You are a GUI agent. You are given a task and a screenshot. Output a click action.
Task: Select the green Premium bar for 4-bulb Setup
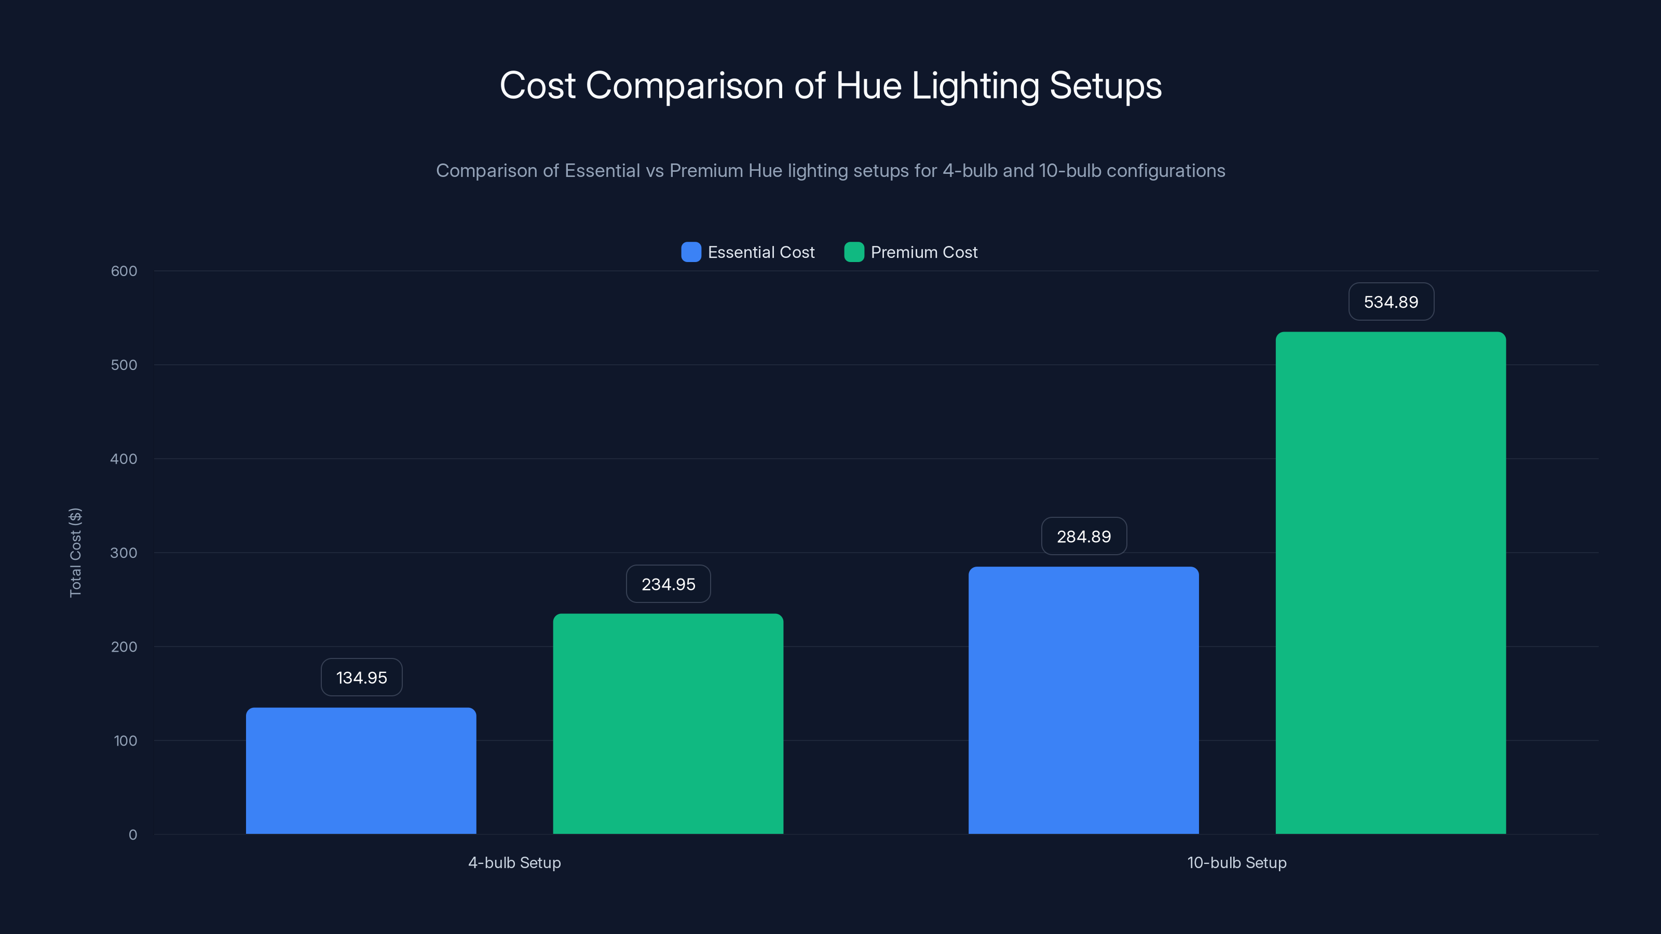668,723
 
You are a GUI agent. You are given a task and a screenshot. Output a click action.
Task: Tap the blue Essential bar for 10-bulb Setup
1083,700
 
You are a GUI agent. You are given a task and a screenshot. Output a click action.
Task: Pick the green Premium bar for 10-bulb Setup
1390,583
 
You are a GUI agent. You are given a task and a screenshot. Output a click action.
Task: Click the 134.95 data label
361,678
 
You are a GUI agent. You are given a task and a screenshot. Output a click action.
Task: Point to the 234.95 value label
668,584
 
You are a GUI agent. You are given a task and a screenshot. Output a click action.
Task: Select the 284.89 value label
1083,537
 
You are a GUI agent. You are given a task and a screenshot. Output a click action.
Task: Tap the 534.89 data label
1391,301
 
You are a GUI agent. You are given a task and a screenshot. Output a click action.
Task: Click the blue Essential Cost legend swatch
690,252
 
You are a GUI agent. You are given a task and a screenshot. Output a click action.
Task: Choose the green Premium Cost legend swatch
854,252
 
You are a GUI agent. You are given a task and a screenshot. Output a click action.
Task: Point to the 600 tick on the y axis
124,271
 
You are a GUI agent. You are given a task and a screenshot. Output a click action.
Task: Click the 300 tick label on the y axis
124,553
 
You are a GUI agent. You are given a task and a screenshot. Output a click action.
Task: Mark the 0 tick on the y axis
133,835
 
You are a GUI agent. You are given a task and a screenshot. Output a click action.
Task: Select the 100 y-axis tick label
125,740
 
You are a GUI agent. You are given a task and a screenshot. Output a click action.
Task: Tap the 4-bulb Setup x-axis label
514,862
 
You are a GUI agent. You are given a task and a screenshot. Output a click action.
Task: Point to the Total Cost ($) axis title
75,553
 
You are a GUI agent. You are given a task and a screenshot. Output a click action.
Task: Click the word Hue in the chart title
868,86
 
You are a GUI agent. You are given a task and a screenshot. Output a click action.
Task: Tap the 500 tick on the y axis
124,365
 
